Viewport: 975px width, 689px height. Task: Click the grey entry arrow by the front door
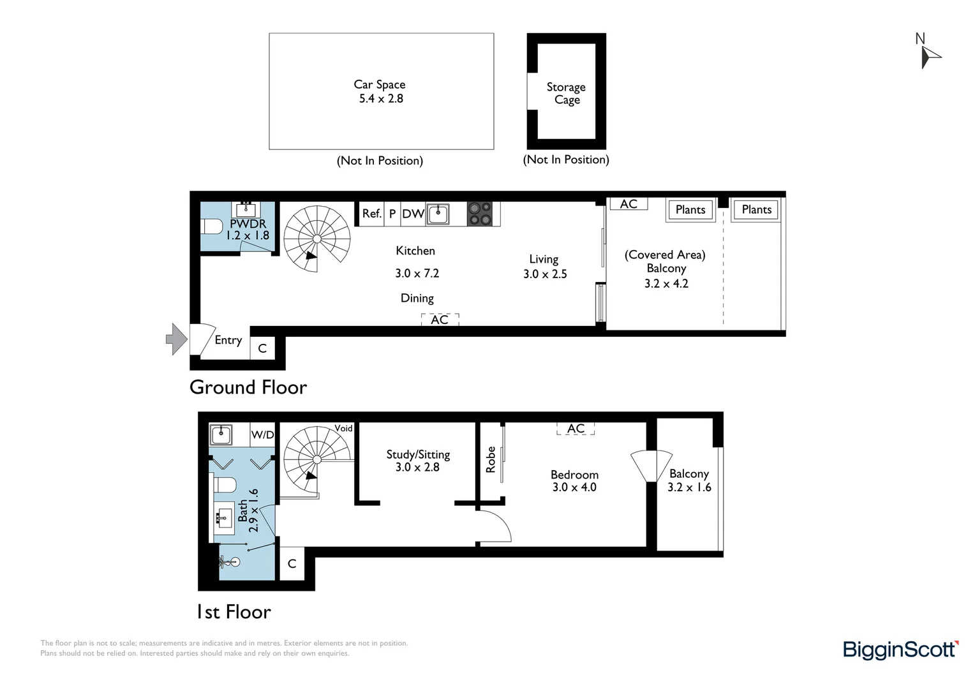(176, 339)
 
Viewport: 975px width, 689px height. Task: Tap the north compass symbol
(929, 52)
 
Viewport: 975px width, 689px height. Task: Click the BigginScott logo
(900, 649)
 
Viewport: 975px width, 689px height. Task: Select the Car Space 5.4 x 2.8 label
(380, 91)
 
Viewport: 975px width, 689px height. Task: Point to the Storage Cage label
(566, 93)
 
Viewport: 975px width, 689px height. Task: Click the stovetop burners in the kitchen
(480, 214)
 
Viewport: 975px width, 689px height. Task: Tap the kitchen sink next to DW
(438, 214)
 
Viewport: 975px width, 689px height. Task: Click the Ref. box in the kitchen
(371, 214)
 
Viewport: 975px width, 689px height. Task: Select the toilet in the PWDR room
(211, 226)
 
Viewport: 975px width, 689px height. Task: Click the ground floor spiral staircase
(317, 239)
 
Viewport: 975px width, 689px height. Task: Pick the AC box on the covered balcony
(629, 204)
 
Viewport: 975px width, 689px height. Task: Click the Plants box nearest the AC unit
(690, 210)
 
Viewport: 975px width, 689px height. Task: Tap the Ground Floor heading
(248, 387)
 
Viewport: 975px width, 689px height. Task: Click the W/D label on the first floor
(262, 435)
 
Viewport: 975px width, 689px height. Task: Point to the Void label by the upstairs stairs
(343, 428)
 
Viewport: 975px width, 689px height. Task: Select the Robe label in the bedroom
(491, 459)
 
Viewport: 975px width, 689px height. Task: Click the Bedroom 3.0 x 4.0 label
(574, 480)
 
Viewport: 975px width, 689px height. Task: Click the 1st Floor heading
(234, 612)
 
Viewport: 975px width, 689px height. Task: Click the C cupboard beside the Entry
(262, 348)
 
